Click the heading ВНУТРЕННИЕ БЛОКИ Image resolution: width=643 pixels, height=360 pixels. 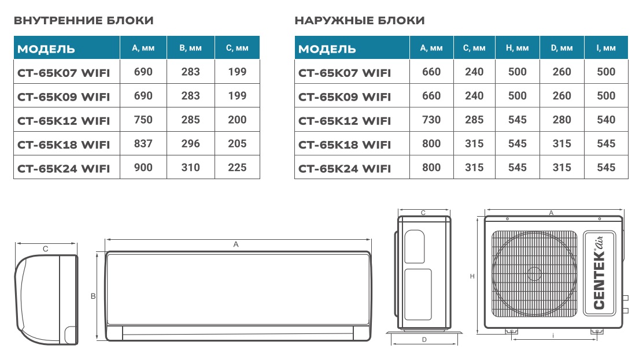[x=83, y=21]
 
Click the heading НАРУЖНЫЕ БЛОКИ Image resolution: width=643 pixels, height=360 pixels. [x=360, y=21]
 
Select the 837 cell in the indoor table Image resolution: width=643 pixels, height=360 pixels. [x=143, y=144]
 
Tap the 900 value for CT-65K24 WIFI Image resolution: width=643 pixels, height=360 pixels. [x=143, y=168]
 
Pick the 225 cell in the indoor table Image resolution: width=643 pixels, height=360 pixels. [x=237, y=168]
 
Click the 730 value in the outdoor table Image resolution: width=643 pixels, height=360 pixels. [x=431, y=120]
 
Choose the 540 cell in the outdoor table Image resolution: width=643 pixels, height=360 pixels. [x=606, y=120]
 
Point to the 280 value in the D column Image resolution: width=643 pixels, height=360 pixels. [x=561, y=120]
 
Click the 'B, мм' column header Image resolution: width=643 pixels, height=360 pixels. [x=190, y=48]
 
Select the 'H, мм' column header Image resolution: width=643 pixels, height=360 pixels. [x=517, y=48]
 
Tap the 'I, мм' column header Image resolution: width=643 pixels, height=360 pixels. [x=606, y=48]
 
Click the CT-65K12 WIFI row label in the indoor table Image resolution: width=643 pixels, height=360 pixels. [x=64, y=121]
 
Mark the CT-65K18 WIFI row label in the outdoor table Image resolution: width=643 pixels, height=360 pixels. [x=345, y=144]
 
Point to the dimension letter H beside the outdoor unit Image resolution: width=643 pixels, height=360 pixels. [x=472, y=277]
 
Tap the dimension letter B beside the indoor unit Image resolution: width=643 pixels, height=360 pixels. [x=93, y=296]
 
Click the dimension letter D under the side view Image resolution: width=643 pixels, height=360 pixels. [x=424, y=340]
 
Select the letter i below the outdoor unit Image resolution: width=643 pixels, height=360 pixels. [x=553, y=335]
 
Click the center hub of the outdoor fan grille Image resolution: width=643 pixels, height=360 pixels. [x=534, y=273]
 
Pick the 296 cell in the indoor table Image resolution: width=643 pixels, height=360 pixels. [x=190, y=144]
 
